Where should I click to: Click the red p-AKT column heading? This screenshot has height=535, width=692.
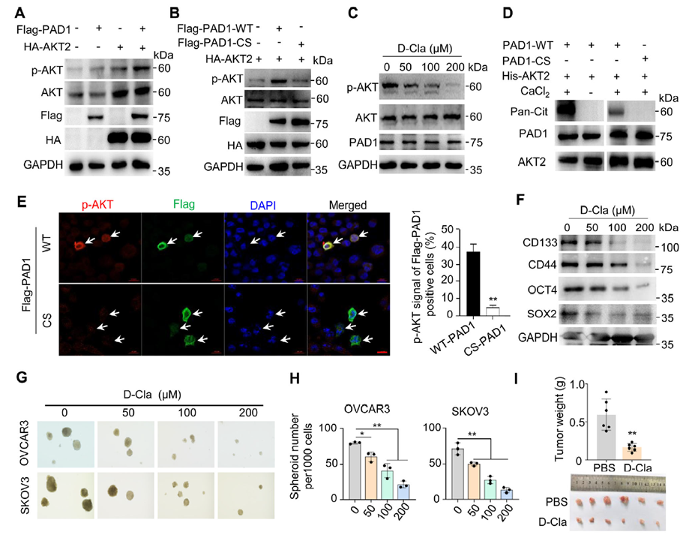97,204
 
